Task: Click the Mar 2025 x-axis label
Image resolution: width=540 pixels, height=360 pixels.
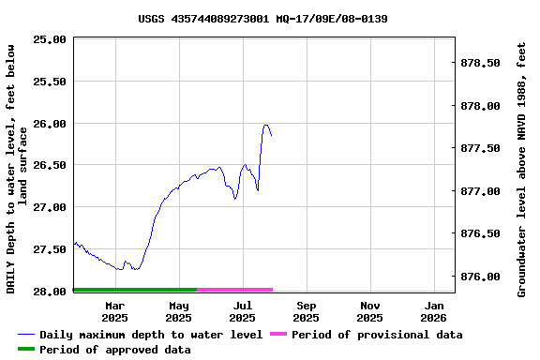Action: (x=114, y=311)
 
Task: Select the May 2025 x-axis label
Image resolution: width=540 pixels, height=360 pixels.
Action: (x=178, y=311)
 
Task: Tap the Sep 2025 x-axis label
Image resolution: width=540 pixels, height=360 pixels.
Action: (x=306, y=311)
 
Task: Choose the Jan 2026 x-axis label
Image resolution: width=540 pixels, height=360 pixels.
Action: (x=434, y=311)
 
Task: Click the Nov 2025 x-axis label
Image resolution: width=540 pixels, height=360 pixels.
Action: (x=370, y=311)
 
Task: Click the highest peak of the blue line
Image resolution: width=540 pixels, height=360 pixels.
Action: (x=265, y=125)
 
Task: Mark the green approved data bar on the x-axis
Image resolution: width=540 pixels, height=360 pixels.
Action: (x=135, y=290)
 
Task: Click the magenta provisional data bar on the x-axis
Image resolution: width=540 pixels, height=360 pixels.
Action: (x=234, y=290)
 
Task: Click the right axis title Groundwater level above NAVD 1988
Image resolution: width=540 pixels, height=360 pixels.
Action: (x=522, y=169)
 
